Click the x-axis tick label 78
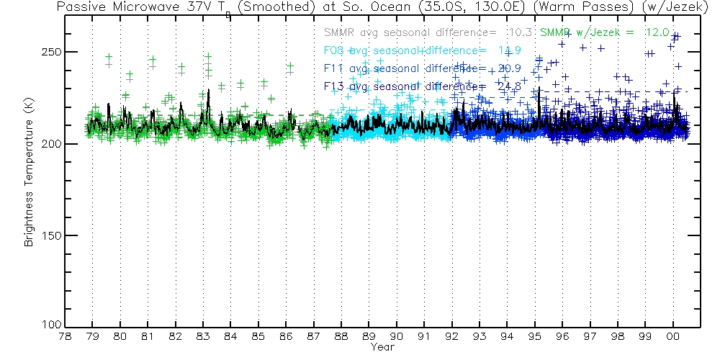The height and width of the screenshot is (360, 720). point(65,336)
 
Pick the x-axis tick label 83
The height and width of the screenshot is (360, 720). point(203,336)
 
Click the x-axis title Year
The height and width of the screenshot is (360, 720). point(382,348)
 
